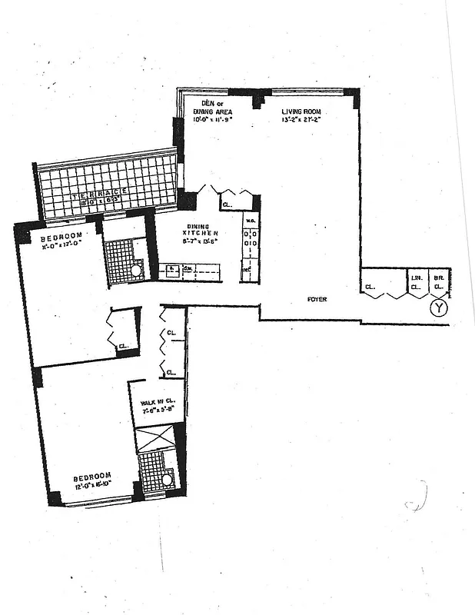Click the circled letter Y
438,308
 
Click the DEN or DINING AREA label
212,107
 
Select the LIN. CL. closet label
415,283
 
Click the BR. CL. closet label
439,283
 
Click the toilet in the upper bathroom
136,271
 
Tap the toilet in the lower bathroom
167,480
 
